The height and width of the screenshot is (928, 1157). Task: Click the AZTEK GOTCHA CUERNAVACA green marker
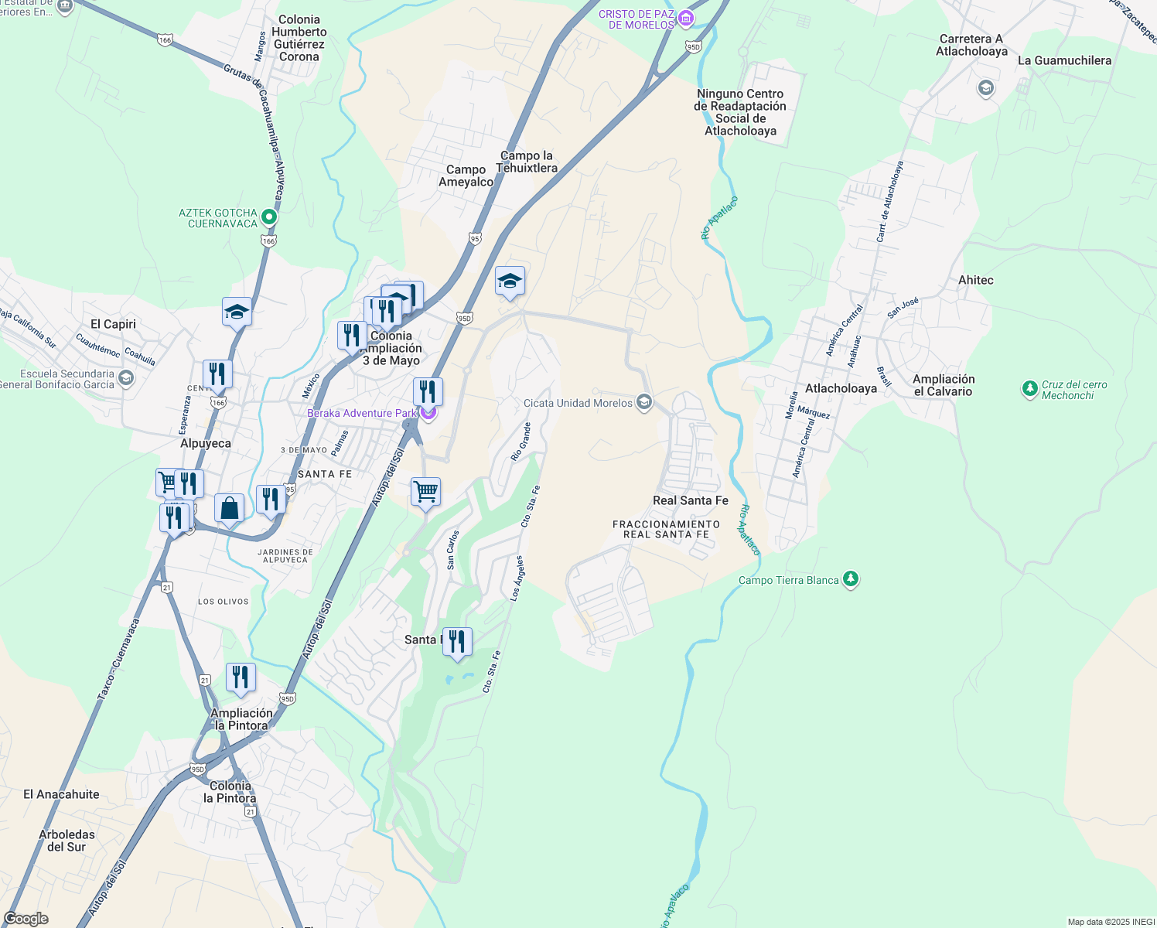(x=268, y=217)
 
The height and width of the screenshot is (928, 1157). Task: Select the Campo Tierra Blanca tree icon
(x=851, y=579)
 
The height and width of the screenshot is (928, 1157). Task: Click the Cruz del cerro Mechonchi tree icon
(x=1029, y=389)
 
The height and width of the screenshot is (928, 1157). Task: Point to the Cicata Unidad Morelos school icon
(x=643, y=402)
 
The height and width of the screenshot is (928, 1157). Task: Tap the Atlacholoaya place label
(x=841, y=388)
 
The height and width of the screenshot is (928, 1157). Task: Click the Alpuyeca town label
(x=206, y=443)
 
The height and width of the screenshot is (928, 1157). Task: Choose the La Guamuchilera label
(x=1064, y=60)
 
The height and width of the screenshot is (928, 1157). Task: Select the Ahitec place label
(x=975, y=280)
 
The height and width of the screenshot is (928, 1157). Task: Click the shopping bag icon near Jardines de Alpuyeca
(x=229, y=509)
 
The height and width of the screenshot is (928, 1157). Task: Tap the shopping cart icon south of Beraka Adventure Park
(x=425, y=492)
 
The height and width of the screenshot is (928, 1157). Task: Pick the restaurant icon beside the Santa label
(x=457, y=642)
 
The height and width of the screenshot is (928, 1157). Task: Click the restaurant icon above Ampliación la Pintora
(x=241, y=677)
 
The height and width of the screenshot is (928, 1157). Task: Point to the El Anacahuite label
(x=61, y=794)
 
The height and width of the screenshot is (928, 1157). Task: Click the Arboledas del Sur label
(x=67, y=841)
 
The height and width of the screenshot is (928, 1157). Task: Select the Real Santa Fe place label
(x=690, y=500)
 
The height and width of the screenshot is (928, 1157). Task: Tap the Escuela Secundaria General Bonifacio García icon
(x=126, y=378)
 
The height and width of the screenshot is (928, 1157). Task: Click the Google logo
(x=26, y=919)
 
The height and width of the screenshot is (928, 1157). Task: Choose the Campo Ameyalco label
(x=466, y=176)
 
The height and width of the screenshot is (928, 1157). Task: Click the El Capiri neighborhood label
(x=113, y=324)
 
